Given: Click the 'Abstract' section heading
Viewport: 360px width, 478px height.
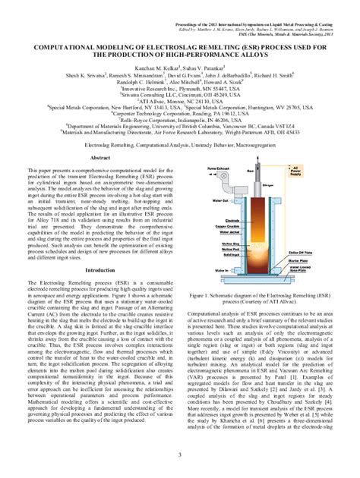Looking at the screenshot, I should point(101,157).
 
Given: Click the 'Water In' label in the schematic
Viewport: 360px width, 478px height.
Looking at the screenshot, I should point(221,270).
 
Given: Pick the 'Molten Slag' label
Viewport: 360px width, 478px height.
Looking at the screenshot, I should point(229,244).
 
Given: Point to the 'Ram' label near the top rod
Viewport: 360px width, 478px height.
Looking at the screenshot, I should point(249,171).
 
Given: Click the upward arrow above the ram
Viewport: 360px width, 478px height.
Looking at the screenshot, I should point(257,159).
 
